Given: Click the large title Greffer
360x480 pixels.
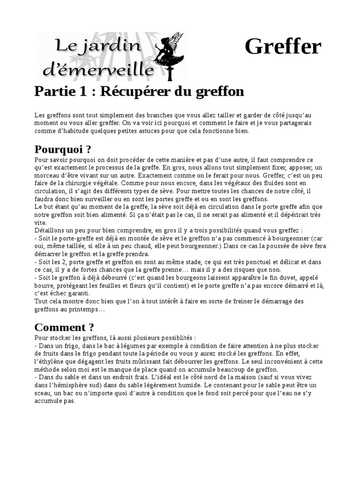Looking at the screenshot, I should pyautogui.click(x=283, y=47).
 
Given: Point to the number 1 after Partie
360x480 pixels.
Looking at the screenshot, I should pyautogui.click(x=83, y=91).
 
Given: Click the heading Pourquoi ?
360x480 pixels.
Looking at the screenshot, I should pyautogui.click(x=62, y=150).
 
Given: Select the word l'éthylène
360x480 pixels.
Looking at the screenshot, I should pyautogui.click(x=49, y=361).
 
